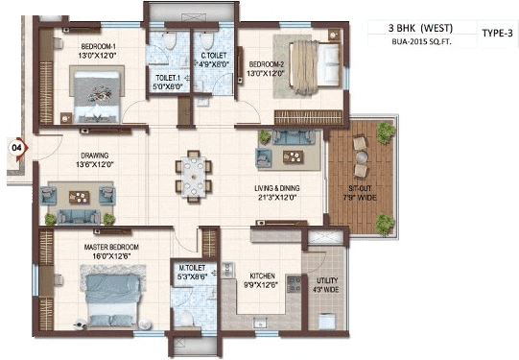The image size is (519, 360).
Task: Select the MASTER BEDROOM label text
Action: tap(111, 248)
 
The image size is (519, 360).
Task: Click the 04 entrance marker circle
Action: tap(15, 147)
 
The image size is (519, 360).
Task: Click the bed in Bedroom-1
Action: tap(93, 93)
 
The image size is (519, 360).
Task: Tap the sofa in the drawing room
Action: tap(79, 199)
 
